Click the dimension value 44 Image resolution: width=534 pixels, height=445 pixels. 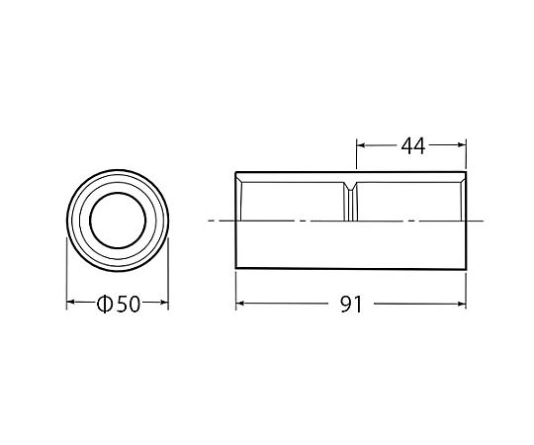[413, 146]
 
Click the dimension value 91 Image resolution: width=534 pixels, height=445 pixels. [351, 305]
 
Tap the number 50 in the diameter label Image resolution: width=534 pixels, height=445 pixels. [128, 304]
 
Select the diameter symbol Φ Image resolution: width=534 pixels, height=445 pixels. [104, 304]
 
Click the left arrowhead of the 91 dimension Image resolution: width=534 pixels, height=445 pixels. [239, 303]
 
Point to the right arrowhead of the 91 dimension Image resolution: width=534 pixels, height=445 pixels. [462, 304]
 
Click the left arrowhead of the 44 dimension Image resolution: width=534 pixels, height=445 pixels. [361, 145]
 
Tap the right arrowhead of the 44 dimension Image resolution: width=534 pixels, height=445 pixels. [462, 145]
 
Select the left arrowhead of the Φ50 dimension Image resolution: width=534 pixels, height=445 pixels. [70, 302]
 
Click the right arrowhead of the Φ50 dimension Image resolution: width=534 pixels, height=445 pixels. [164, 302]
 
